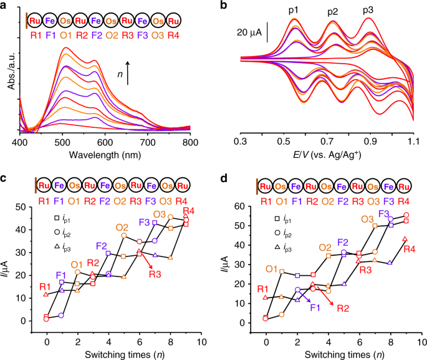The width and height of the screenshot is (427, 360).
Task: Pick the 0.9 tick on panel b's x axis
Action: [369, 142]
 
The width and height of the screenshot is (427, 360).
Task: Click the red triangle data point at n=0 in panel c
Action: [46, 294]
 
